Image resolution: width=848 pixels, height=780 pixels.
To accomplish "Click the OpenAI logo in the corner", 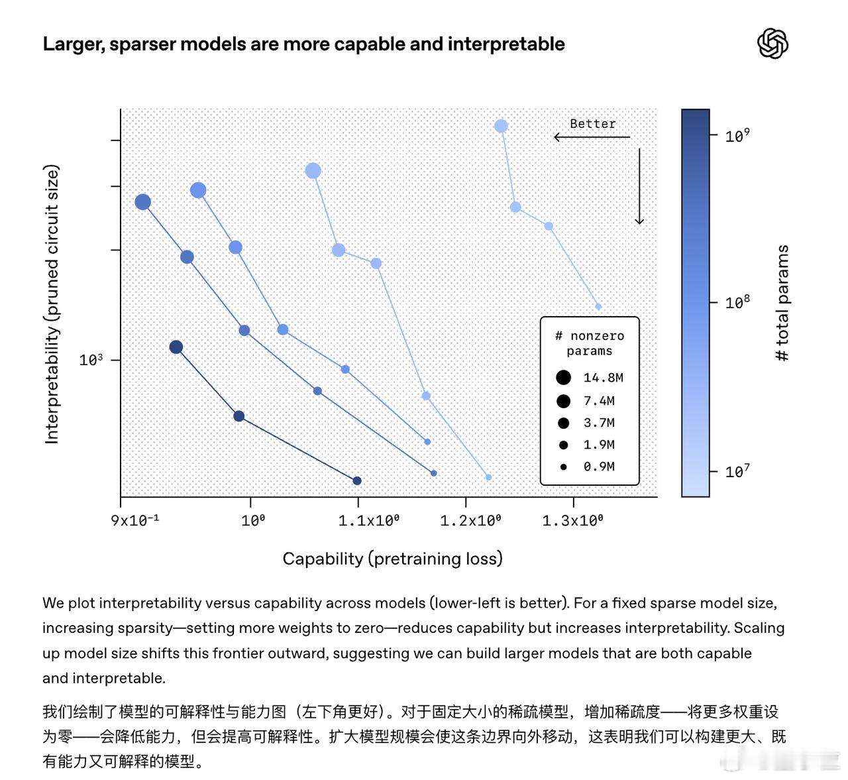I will [x=772, y=44].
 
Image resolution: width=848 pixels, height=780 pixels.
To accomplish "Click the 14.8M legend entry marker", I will [x=563, y=378].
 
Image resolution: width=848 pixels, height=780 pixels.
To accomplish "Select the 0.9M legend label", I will [x=599, y=467].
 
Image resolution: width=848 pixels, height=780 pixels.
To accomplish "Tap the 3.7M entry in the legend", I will [x=599, y=423].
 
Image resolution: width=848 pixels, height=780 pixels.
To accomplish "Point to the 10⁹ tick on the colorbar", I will [x=737, y=136].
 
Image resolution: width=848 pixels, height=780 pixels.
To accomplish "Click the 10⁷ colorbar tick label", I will [x=737, y=472].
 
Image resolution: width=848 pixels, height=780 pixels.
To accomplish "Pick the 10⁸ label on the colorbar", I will [x=737, y=303].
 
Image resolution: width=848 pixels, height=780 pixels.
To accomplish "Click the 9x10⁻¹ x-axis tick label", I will [x=135, y=520].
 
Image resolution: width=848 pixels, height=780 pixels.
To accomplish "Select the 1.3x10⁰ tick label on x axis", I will [x=572, y=520].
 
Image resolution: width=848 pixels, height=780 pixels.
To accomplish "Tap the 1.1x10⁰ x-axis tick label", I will [x=368, y=520].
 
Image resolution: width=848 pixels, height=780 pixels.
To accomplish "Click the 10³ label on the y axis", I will [x=91, y=360].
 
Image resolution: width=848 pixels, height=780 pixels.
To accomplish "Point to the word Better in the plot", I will [x=592, y=124].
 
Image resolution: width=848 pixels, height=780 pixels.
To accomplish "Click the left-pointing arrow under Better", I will [x=591, y=137].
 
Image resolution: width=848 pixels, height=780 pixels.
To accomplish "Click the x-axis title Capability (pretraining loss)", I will [x=392, y=559].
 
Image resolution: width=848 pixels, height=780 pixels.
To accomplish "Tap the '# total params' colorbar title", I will [x=782, y=303].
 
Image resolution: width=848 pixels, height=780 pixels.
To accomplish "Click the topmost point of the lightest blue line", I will [x=501, y=126].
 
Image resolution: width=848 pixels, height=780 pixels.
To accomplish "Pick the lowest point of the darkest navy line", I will [x=357, y=480].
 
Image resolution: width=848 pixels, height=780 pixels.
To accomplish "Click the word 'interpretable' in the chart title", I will [x=506, y=44].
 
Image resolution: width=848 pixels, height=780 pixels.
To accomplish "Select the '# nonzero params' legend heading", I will [x=590, y=343].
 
